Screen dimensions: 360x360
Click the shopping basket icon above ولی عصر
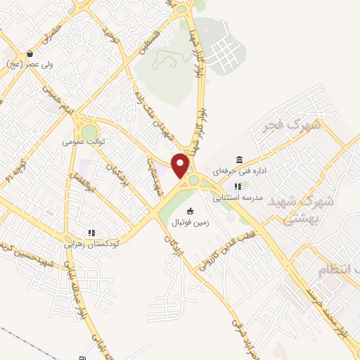click(x=30, y=53)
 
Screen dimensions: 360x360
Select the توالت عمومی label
click(x=83, y=141)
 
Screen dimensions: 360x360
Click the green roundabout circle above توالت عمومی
click(x=89, y=131)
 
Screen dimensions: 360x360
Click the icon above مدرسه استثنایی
click(x=238, y=187)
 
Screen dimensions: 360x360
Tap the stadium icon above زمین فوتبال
click(x=189, y=211)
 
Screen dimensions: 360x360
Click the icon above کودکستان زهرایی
click(x=91, y=232)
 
